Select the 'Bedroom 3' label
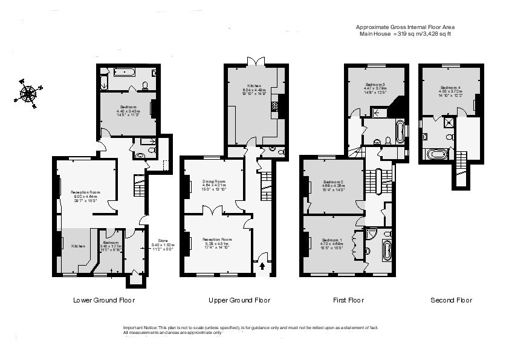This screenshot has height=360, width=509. pyautogui.click(x=375, y=85)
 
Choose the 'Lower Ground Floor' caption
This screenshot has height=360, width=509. pyautogui.click(x=103, y=300)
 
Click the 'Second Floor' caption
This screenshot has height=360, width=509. pyautogui.click(x=451, y=300)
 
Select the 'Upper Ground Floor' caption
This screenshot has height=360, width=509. pyautogui.click(x=239, y=300)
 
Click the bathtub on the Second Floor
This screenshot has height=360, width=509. pyautogui.click(x=437, y=155)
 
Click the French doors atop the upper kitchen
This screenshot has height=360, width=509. pyautogui.click(x=253, y=62)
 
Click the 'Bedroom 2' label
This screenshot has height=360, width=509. pyautogui.click(x=333, y=182)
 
